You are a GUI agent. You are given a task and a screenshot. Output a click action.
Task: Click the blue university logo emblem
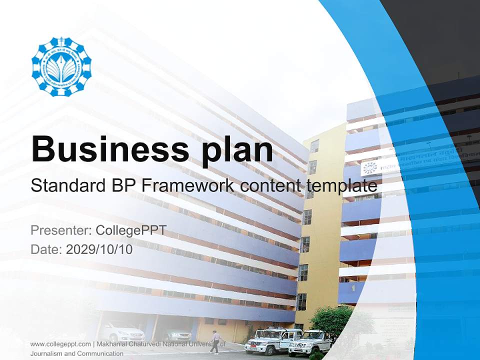coord(61,66)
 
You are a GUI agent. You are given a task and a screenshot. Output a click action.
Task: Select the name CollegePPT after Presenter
coord(131,230)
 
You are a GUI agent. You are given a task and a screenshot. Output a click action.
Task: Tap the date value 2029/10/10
coord(99,249)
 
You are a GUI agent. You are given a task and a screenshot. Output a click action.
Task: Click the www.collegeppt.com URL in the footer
coord(60,344)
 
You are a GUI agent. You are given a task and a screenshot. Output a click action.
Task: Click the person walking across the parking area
coord(215,342)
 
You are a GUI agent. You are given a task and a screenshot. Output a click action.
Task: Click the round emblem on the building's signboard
coord(370,168)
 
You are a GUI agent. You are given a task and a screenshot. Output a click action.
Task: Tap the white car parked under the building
coord(117,331)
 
